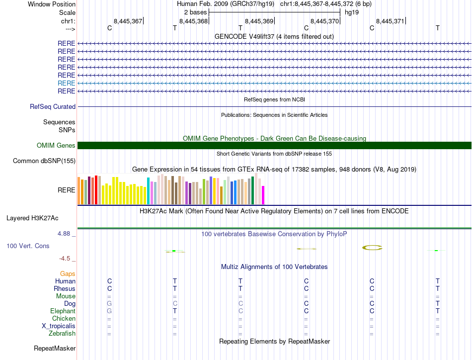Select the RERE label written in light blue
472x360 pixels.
coord(67,83)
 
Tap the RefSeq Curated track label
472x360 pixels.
coord(53,106)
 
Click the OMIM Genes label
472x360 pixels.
coord(56,145)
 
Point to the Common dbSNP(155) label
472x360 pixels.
coord(44,161)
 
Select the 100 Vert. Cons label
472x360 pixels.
coord(28,246)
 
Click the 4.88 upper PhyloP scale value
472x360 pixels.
coord(66,233)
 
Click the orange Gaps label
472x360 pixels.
coord(68,273)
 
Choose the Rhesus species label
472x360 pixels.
coord(65,288)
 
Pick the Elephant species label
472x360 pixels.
coord(63,311)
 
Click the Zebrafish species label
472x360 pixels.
coord(63,333)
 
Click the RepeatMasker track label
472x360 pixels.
coord(55,348)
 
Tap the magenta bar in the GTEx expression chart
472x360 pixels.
coord(263,195)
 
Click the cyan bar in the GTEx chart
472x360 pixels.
coord(148,191)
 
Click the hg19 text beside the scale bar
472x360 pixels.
coord(352,12)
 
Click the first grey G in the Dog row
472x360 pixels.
coord(110,303)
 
